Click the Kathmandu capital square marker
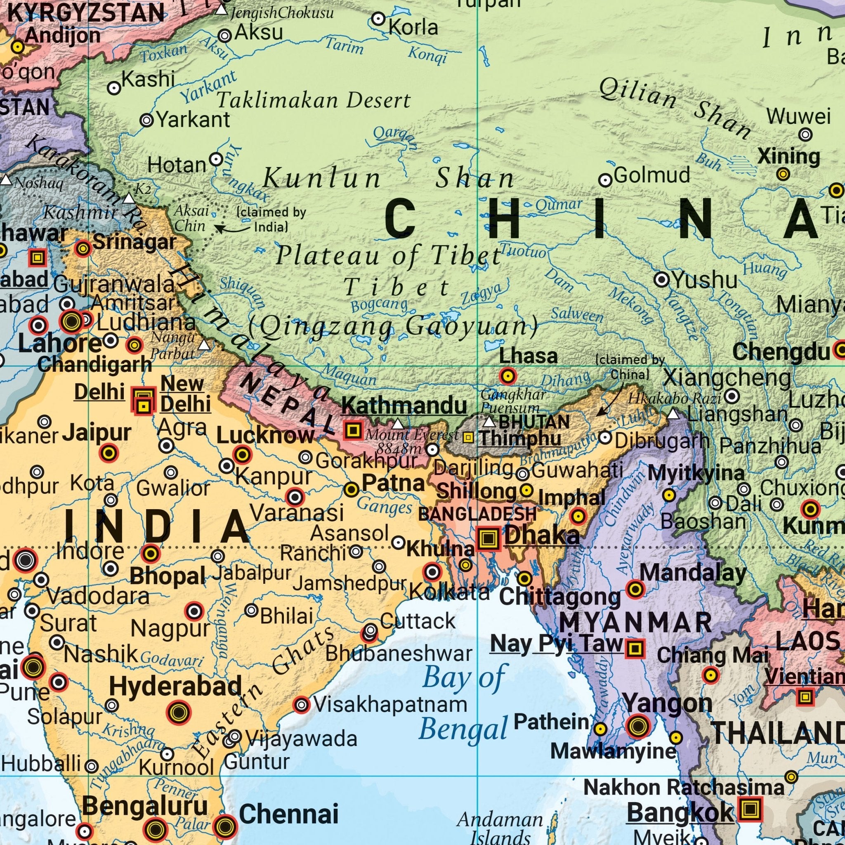point(352,430)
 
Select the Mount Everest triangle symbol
point(397,424)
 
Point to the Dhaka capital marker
point(488,538)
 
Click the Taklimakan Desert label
point(314,101)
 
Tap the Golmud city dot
point(605,180)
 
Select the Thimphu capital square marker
point(468,437)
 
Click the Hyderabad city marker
point(178,713)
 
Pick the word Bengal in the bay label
point(463,729)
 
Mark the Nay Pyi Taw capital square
point(635,648)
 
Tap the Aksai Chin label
point(191,218)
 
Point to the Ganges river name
point(385,507)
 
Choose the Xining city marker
point(783,174)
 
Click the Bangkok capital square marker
point(750,809)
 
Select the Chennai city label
point(289,814)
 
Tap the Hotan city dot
point(216,159)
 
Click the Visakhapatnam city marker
point(301,705)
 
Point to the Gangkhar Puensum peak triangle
point(489,422)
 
